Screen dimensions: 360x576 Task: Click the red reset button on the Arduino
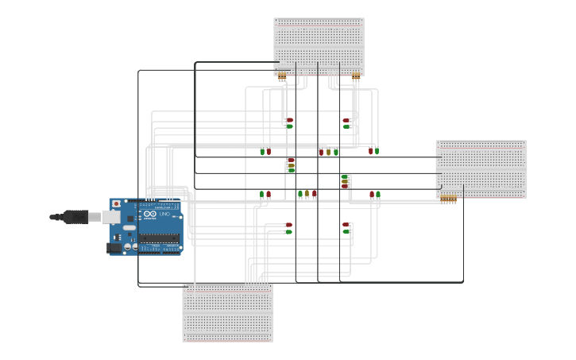117,204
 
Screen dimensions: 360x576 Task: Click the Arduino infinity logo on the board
150,215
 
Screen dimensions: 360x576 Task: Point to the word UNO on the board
165,215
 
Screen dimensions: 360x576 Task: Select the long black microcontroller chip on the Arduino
159,238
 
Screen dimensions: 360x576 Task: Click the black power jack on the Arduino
114,247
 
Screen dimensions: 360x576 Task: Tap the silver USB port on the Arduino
111,216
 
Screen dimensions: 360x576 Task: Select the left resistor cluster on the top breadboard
282,76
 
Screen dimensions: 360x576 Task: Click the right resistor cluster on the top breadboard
356,76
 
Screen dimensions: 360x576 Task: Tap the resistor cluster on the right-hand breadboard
449,198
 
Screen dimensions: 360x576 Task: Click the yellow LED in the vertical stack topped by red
292,165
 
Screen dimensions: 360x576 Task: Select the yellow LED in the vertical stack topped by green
345,180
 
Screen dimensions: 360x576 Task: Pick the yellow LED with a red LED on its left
328,151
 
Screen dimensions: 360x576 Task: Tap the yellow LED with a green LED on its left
307,194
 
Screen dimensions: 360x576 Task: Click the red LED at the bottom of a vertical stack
345,185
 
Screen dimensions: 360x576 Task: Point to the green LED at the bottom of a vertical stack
292,169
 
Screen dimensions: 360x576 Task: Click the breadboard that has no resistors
228,313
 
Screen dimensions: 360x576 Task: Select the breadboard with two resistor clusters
319,44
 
